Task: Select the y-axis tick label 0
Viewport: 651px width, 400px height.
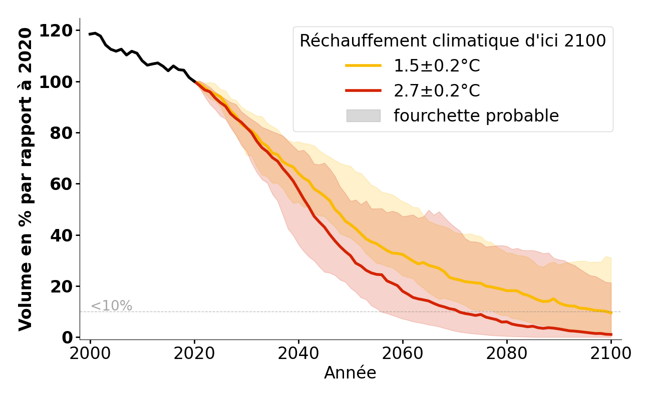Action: point(68,338)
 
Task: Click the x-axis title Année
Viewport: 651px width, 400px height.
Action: point(350,373)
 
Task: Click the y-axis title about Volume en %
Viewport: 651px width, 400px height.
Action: point(26,179)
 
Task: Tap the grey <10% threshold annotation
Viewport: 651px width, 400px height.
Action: point(111,306)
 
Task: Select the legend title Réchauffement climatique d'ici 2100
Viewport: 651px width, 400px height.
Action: point(453,41)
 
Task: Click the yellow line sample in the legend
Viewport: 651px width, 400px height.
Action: point(363,66)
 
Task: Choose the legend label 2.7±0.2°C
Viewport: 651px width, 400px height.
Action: point(437,91)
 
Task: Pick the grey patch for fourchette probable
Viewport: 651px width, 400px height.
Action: point(363,116)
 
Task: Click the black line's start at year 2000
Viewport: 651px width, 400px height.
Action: point(91,34)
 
